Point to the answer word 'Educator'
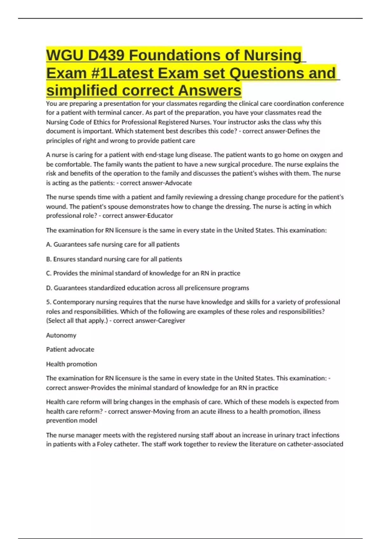coord(160,216)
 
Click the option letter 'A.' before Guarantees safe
coord(49,244)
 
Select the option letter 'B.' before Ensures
coord(49,259)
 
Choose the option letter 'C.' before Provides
coord(49,273)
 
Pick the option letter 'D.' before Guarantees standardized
coord(49,288)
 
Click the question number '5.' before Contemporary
coord(49,302)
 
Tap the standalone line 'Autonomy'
coord(61,335)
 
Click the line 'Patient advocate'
coord(70,349)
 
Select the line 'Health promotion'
coord(71,364)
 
